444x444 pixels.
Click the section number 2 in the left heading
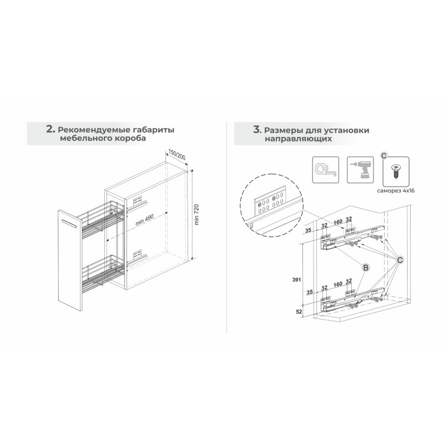50,129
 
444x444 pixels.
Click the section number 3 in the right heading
256,130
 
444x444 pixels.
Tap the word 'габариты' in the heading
153,130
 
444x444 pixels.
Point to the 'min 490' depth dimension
144,220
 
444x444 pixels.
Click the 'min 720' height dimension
197,214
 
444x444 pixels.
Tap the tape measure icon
325,170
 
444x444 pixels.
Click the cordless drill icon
360,170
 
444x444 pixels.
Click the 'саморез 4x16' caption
396,191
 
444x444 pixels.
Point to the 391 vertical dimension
296,280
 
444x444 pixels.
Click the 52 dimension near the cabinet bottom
299,312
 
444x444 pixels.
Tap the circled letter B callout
366,268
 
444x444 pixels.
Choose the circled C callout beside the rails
400,260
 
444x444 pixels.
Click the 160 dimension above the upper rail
337,222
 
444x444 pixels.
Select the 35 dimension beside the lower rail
310,292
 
